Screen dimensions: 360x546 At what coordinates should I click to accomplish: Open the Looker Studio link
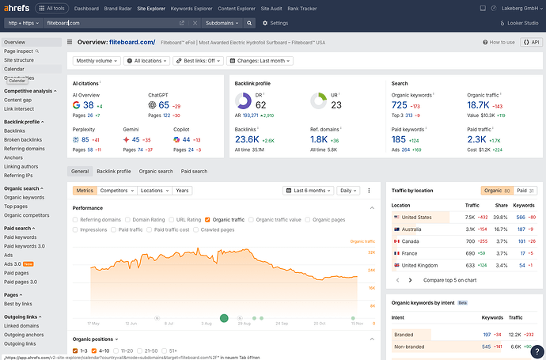coord(520,24)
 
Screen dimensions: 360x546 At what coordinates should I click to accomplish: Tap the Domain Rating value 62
coord(260,104)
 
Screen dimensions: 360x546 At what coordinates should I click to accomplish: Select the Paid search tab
coord(194,171)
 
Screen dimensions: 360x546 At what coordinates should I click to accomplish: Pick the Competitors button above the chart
coord(117,191)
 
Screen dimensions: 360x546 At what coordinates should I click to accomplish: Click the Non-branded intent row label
coord(410,347)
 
